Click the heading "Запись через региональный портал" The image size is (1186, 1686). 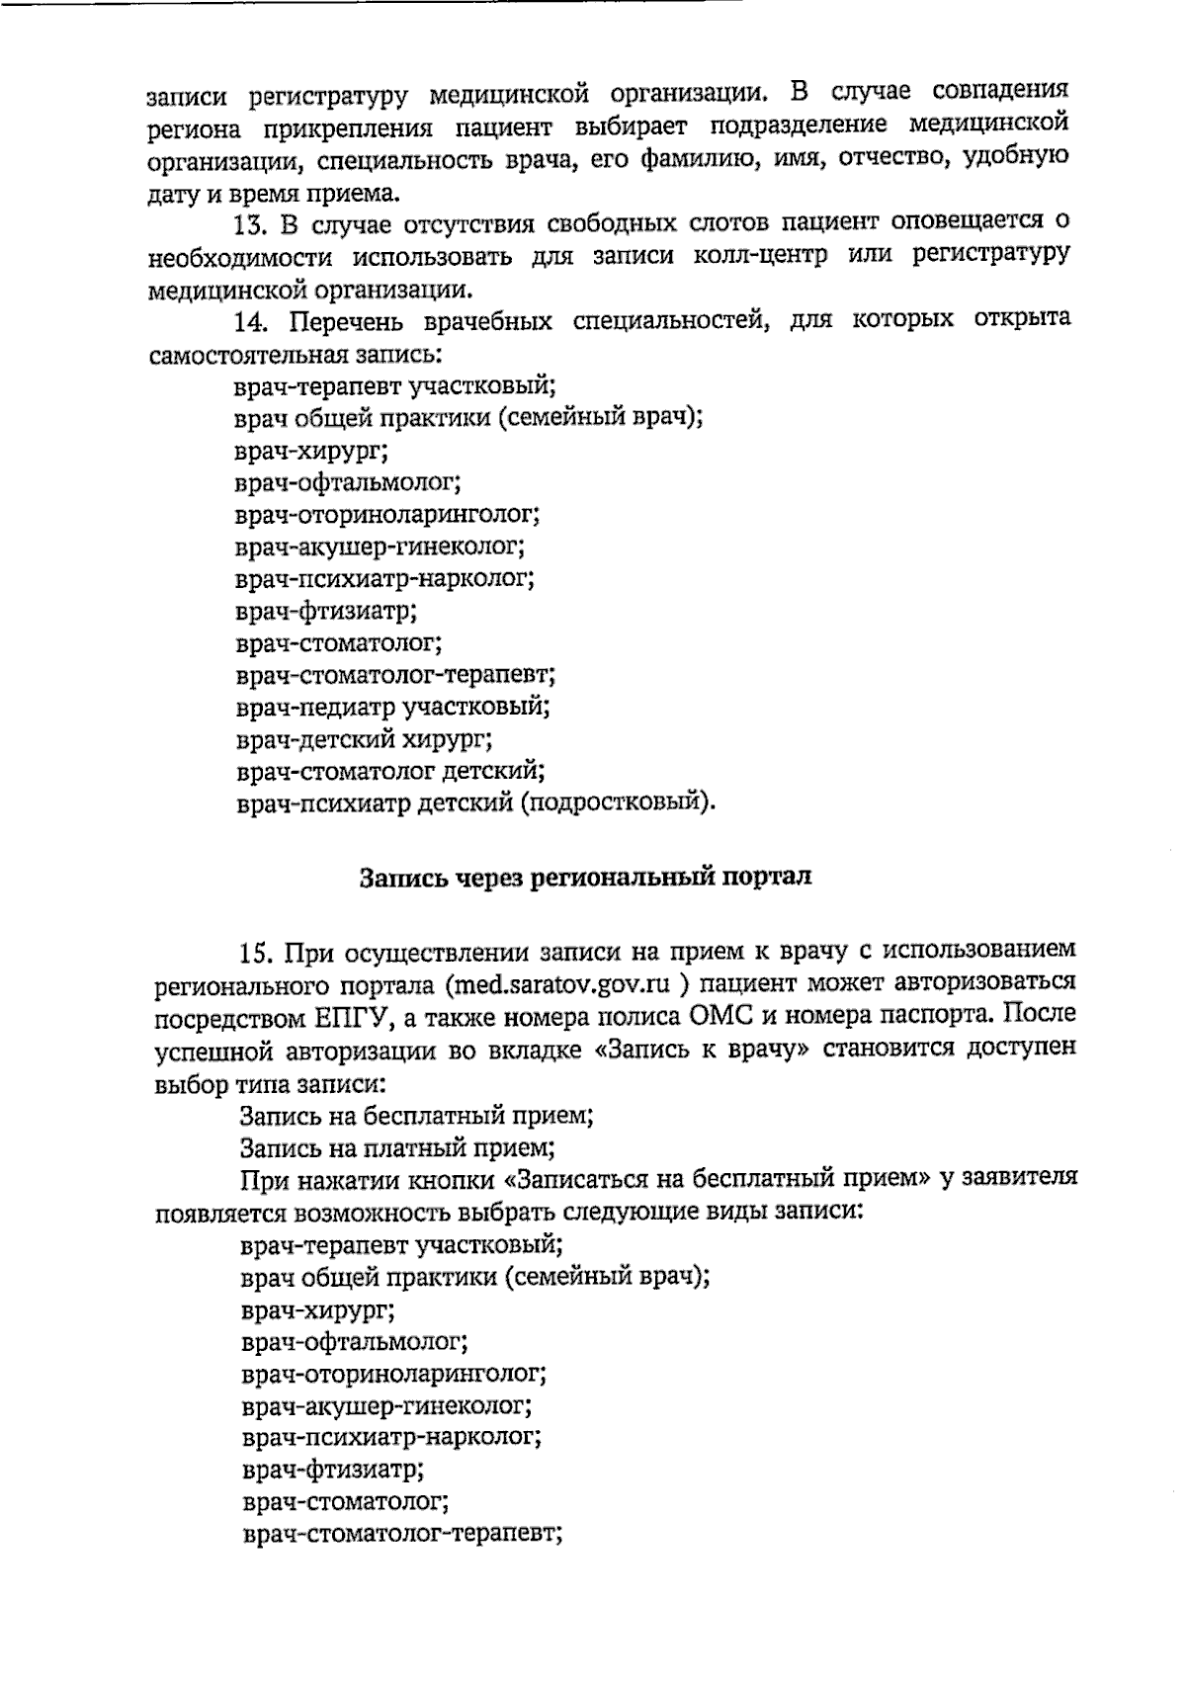(x=585, y=878)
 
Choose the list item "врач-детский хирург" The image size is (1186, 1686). (x=365, y=739)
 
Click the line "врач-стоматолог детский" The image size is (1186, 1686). (x=390, y=771)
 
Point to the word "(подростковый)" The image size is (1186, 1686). (x=615, y=802)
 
